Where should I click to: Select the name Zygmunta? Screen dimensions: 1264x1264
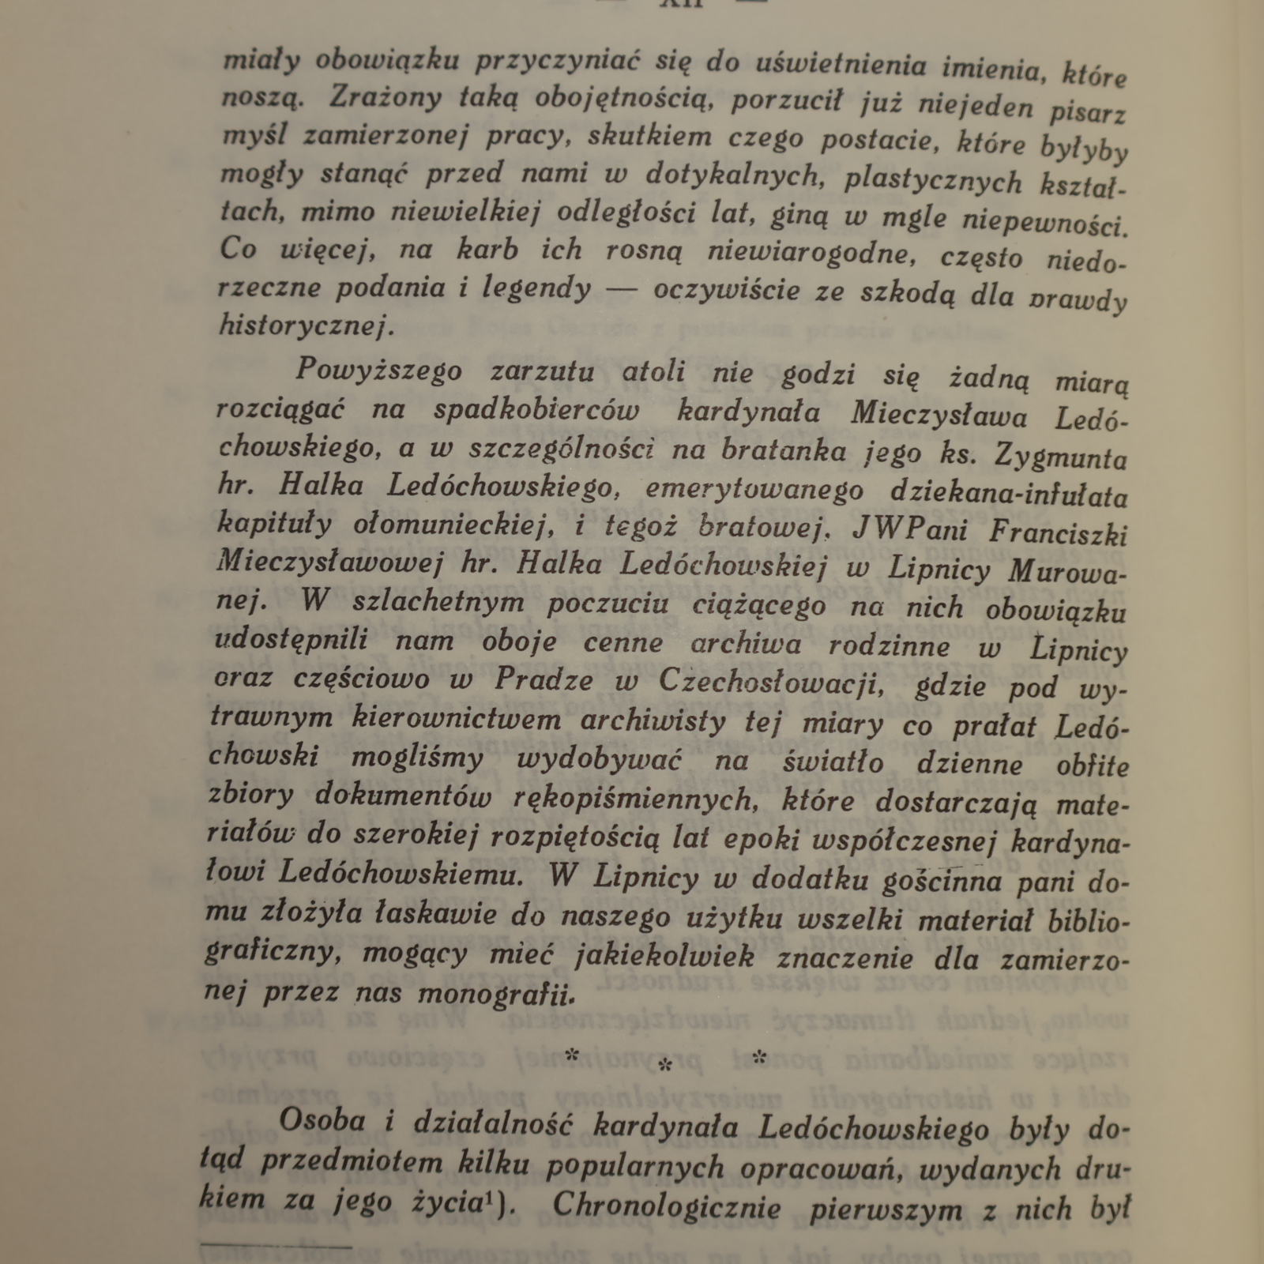[x=1062, y=457]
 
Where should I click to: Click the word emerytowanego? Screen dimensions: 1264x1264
[x=754, y=491]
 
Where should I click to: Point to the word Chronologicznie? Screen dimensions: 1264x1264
[x=666, y=1206]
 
